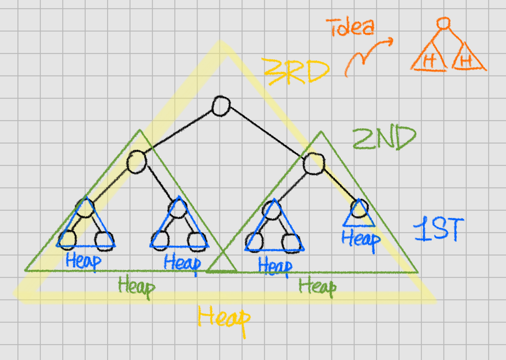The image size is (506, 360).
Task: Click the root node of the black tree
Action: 221,106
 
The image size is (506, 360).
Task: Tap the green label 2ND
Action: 384,139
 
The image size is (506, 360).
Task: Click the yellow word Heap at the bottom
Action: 224,319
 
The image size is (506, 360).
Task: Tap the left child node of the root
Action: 137,162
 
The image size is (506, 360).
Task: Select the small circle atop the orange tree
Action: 443,23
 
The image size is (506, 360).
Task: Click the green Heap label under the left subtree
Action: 136,287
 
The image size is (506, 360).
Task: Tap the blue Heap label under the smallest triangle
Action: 361,239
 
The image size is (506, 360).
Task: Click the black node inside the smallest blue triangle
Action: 359,209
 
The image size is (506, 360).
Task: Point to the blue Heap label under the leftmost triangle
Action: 83,261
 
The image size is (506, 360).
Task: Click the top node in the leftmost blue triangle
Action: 86,208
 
